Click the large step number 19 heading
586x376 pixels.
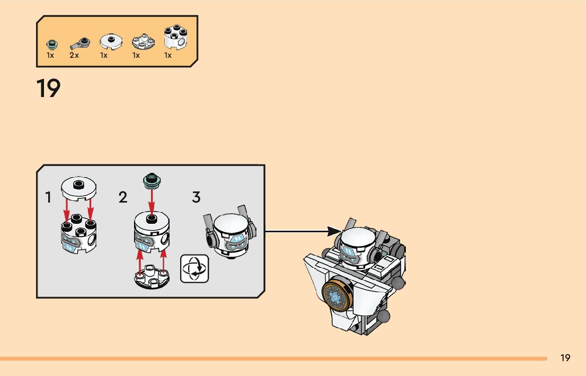tap(48, 89)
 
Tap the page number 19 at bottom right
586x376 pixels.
tap(565, 358)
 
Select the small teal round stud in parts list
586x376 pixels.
tap(51, 43)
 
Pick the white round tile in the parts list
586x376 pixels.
tap(110, 41)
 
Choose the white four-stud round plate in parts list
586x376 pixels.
tap(141, 41)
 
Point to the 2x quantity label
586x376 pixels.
tap(74, 55)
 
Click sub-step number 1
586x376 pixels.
tap(48, 198)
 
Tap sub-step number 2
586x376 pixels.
tap(123, 198)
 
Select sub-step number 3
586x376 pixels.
tap(196, 198)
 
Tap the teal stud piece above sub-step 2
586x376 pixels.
tap(152, 181)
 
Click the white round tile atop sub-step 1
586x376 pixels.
tap(78, 187)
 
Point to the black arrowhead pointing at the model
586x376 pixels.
tap(334, 231)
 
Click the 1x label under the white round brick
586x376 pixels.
tap(168, 55)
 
